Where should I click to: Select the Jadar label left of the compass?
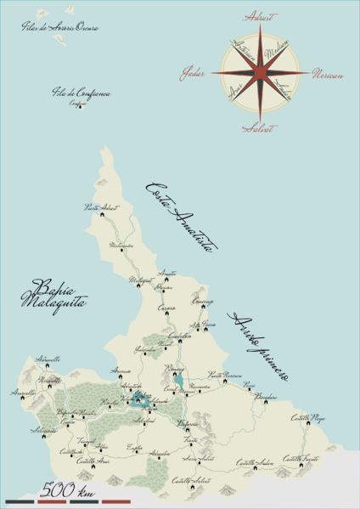pyautogui.click(x=193, y=74)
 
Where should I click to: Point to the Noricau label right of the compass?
pyautogui.click(x=328, y=75)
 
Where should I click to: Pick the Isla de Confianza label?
pyautogui.click(x=81, y=94)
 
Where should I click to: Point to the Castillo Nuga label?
pyautogui.click(x=307, y=417)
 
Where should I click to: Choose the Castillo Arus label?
pyautogui.click(x=93, y=461)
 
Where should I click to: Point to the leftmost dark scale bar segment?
pyautogui.click(x=19, y=501)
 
